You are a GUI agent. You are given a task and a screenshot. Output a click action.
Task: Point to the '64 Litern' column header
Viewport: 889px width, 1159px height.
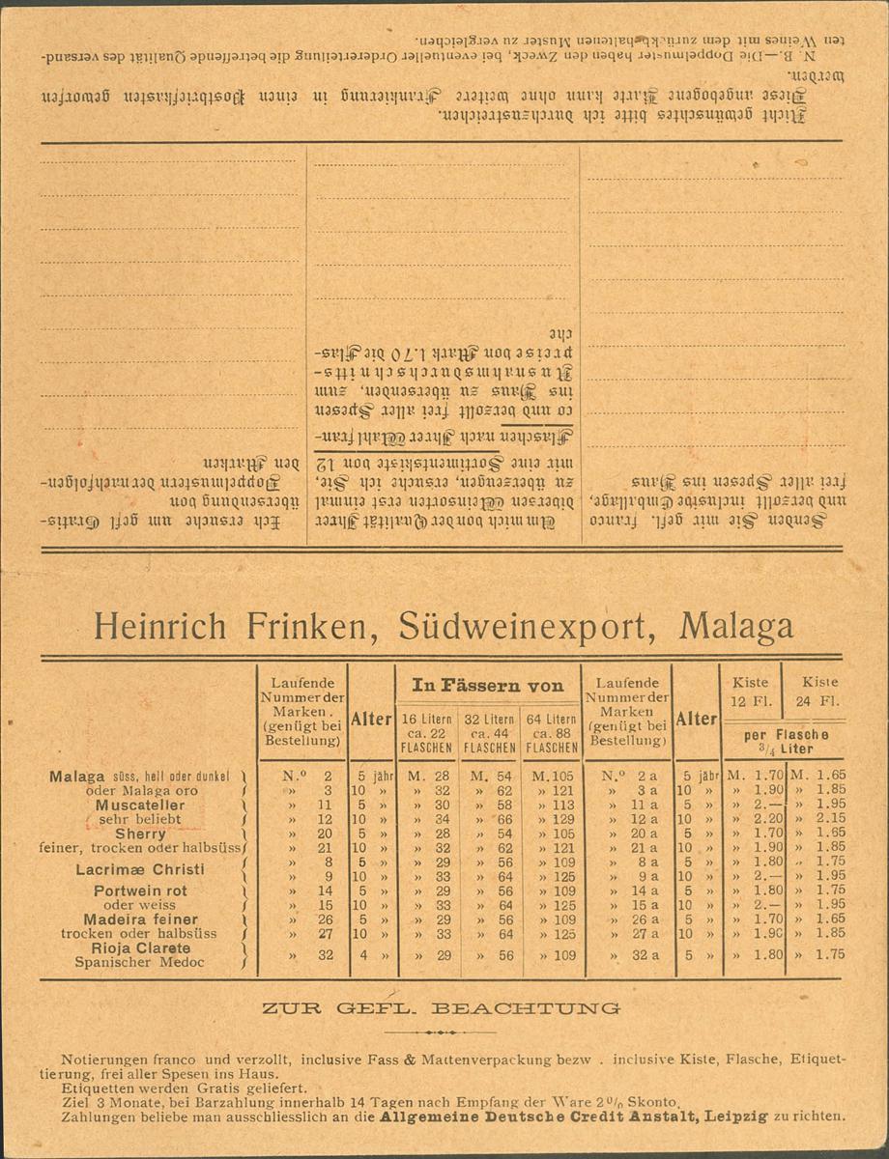[x=552, y=733]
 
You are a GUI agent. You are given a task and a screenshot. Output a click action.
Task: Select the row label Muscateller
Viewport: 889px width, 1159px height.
[x=140, y=805]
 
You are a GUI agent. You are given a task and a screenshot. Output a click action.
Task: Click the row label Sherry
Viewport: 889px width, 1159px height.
[x=140, y=834]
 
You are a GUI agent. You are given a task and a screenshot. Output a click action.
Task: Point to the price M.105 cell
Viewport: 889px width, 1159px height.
[x=551, y=776]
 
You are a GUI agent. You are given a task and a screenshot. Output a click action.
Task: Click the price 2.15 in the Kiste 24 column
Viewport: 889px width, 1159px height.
[x=822, y=819]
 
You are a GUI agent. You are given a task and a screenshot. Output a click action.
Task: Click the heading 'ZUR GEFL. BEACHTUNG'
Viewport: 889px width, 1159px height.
[x=441, y=1008]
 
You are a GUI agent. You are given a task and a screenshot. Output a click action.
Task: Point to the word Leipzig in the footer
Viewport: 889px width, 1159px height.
[x=733, y=1116]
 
